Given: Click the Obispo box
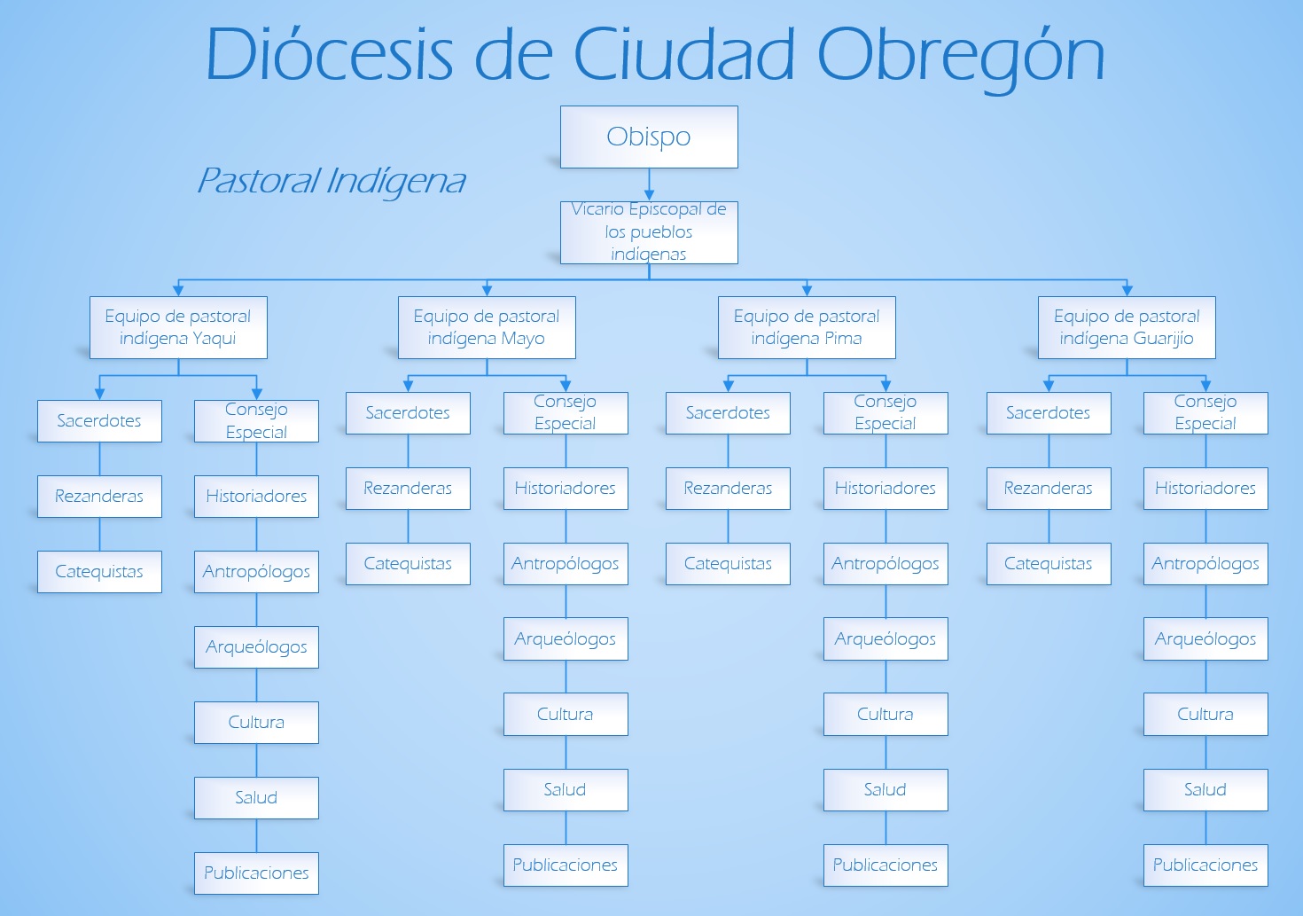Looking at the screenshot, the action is point(649,137).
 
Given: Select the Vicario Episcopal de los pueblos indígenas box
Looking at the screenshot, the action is point(649,233).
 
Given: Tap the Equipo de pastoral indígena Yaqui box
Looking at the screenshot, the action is point(178,327).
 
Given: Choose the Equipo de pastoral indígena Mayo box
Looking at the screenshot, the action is point(487,327).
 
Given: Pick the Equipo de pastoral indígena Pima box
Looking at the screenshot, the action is point(807,327).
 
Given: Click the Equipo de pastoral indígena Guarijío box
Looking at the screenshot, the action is point(1127,327).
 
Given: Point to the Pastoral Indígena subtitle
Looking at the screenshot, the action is point(332,181).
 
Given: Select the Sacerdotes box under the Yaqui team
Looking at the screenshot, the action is point(99,420).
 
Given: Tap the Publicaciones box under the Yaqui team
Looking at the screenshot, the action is point(256,873).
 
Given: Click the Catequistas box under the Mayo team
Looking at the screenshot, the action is point(408,564).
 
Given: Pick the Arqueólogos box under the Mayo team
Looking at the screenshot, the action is point(566,639).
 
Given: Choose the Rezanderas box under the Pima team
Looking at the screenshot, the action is point(728,489).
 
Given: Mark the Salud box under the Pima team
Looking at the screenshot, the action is point(886,790).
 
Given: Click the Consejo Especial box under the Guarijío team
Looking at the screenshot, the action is point(1205,413).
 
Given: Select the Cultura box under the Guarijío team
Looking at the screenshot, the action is point(1205,714).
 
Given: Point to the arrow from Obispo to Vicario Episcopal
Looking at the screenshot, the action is point(649,184).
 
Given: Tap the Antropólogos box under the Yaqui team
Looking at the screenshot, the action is point(256,571).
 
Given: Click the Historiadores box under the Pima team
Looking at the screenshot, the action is point(886,489).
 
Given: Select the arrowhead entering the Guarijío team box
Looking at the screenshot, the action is point(1127,291).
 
